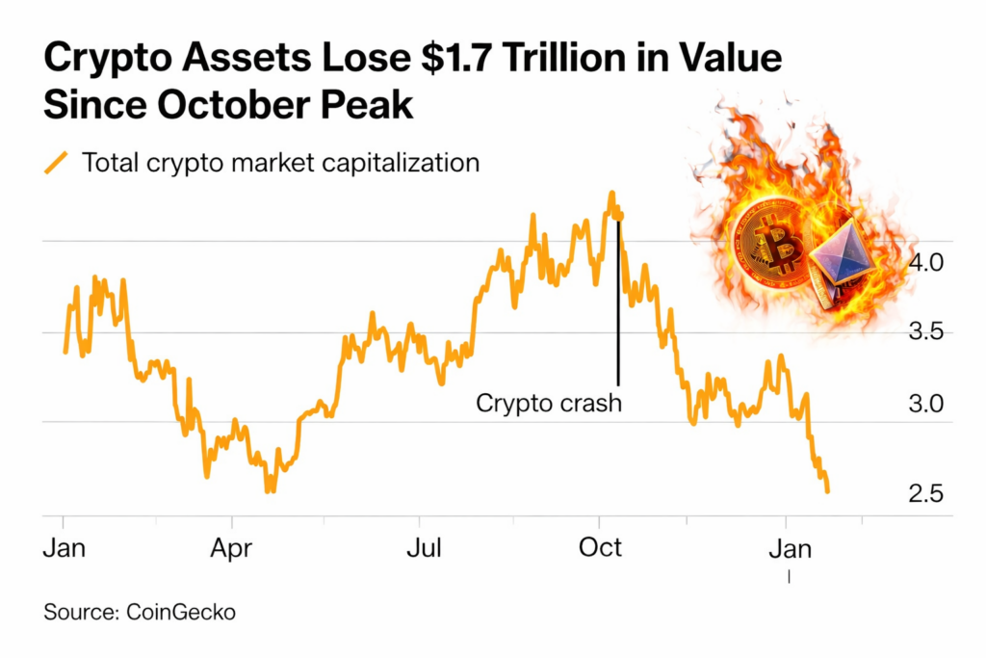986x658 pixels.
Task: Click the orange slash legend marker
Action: click(x=56, y=163)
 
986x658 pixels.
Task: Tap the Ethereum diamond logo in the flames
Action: click(x=840, y=256)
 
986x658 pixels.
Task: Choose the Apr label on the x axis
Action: click(x=232, y=548)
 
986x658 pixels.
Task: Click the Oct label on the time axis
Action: click(x=601, y=548)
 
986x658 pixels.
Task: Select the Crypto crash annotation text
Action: click(x=549, y=403)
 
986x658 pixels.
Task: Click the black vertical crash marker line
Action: click(x=617, y=308)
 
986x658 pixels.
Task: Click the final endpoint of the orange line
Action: click(x=827, y=491)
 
